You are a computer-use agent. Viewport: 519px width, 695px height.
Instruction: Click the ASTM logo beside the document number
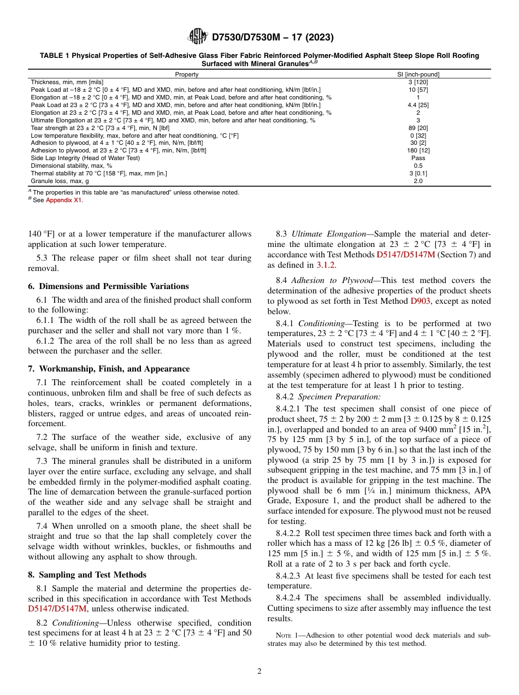197,37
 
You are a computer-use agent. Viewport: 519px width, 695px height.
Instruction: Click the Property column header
187,74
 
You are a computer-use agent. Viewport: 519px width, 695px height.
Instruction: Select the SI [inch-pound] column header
418,74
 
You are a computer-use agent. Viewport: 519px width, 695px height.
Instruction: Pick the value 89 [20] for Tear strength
418,127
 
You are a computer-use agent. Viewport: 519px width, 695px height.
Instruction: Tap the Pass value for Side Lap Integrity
418,158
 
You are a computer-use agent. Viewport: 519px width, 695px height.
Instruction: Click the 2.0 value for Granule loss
418,181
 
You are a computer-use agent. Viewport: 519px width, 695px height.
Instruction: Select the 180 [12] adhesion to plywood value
418,150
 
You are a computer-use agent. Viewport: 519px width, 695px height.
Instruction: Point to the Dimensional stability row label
72,166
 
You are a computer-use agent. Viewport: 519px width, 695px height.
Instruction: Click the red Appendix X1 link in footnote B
64,200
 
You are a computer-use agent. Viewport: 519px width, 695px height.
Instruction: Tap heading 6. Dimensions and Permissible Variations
108,286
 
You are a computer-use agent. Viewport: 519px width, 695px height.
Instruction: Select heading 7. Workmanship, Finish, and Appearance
109,369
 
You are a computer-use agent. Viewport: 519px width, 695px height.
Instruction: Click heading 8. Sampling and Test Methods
87,575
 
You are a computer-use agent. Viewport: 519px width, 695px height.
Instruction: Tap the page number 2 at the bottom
259,672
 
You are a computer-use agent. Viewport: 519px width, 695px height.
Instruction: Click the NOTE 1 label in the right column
288,635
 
